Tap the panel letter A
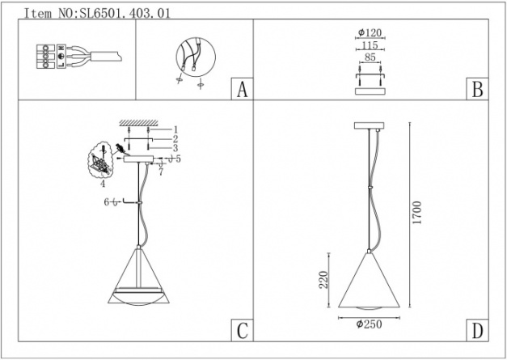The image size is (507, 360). pyautogui.click(x=243, y=89)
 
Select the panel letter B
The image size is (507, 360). pyautogui.click(x=477, y=89)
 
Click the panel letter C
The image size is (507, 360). pyautogui.click(x=243, y=331)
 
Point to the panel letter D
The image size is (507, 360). pyautogui.click(x=477, y=331)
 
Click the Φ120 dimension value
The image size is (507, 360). pyautogui.click(x=370, y=32)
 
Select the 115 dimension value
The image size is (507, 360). pyautogui.click(x=370, y=45)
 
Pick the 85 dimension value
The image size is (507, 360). pyautogui.click(x=370, y=57)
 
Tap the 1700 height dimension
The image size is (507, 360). pyautogui.click(x=417, y=213)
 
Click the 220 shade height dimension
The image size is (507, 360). pyautogui.click(x=323, y=280)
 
